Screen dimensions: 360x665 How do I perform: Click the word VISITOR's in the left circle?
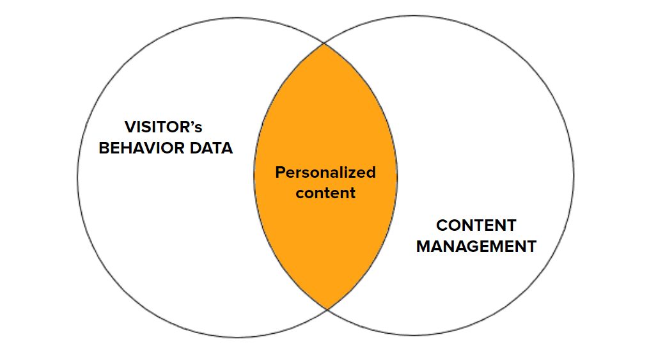(x=163, y=127)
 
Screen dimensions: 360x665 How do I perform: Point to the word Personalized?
(x=325, y=173)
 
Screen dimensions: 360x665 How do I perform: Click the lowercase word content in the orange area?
(x=325, y=192)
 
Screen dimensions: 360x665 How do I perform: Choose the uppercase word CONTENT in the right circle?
(x=476, y=226)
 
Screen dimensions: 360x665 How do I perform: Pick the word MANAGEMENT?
(x=476, y=246)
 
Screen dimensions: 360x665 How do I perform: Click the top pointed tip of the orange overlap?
(x=324, y=43)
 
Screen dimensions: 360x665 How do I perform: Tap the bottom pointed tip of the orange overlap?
(x=327, y=309)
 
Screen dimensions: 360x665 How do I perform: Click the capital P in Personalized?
(x=279, y=173)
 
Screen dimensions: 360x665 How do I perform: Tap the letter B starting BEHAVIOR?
(x=103, y=148)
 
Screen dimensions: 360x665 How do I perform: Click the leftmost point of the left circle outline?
(x=77, y=177)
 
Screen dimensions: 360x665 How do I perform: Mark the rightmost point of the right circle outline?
(x=574, y=176)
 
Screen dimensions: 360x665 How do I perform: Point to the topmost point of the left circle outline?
(x=237, y=17)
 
